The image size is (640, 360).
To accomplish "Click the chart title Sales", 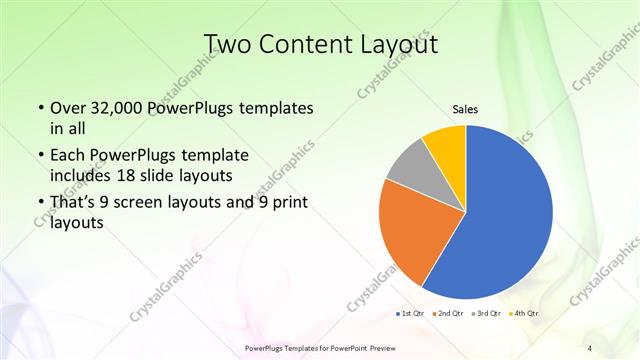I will [x=466, y=109].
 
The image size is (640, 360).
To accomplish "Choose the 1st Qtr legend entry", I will [x=409, y=315].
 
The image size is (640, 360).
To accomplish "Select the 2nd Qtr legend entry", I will [x=449, y=315].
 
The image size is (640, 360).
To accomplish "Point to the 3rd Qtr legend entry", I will [x=488, y=315].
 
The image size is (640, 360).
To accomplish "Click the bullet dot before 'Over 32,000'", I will [x=38, y=108].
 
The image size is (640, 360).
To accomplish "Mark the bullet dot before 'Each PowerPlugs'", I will [x=38, y=156].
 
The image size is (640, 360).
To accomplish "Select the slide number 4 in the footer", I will [x=590, y=347].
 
